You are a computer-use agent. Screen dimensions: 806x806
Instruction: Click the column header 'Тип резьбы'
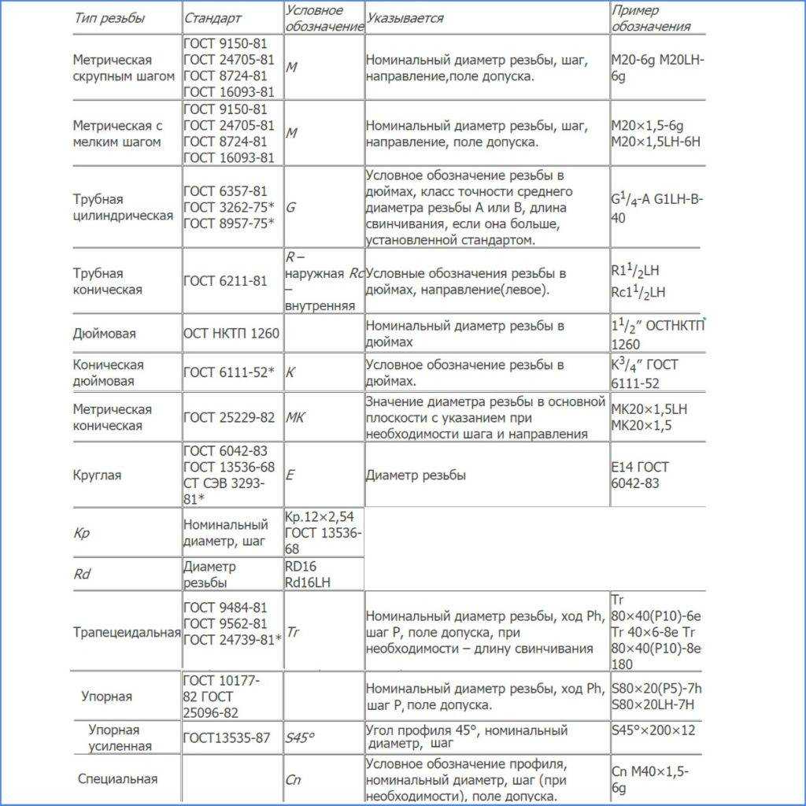tap(109, 18)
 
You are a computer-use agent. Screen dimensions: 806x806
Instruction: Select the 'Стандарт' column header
tap(213, 18)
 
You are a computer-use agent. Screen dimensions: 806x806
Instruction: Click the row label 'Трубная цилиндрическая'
tap(123, 208)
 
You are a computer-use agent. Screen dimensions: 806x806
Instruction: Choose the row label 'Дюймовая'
tap(104, 334)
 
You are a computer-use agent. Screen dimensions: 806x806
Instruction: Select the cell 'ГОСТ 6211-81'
tap(225, 282)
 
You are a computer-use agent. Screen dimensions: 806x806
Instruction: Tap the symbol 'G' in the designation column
tap(291, 208)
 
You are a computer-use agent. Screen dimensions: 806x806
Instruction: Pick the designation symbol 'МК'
tap(295, 417)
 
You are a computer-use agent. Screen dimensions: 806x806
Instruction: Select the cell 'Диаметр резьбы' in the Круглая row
tap(416, 475)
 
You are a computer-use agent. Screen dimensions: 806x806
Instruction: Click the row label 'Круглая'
tap(97, 475)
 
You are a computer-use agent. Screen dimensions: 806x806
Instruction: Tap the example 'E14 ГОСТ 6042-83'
tap(640, 475)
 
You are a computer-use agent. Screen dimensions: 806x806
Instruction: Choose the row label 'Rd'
tap(82, 575)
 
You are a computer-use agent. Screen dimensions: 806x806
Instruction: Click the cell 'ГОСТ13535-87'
tap(226, 738)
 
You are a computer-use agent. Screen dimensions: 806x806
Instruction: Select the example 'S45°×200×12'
tap(653, 730)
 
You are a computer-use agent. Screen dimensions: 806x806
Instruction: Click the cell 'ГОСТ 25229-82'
tap(229, 417)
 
